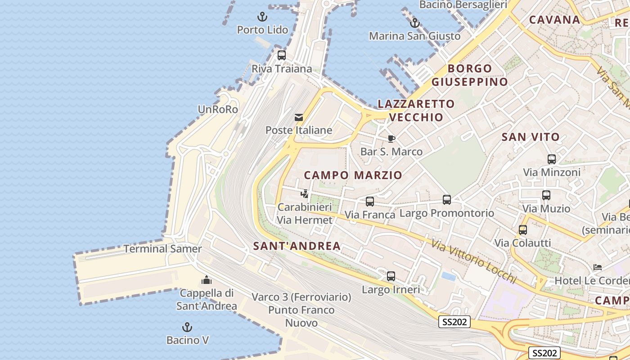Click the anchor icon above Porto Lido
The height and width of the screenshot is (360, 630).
262,17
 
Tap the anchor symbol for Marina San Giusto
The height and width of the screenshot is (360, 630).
414,23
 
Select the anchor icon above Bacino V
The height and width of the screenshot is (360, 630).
187,327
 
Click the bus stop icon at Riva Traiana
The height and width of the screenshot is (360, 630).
282,55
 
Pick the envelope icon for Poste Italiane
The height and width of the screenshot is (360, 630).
299,117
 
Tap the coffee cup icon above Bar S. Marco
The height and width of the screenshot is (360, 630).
391,139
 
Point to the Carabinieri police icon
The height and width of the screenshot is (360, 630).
305,194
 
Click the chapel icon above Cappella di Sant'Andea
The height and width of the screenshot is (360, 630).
207,280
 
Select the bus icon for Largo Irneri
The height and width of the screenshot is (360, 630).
391,276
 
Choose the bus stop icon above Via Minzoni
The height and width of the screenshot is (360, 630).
552,159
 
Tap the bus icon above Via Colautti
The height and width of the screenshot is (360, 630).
523,230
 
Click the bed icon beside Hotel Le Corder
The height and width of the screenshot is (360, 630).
597,267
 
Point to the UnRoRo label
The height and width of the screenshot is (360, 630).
218,109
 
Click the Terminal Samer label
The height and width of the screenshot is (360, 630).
162,248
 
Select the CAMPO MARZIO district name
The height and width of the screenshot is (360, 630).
353,175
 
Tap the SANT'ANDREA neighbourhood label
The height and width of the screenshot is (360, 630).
297,246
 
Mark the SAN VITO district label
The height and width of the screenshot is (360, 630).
531,137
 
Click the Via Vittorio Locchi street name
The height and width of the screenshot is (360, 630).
474,261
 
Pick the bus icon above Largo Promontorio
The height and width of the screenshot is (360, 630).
447,199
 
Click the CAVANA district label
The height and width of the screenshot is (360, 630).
554,20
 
